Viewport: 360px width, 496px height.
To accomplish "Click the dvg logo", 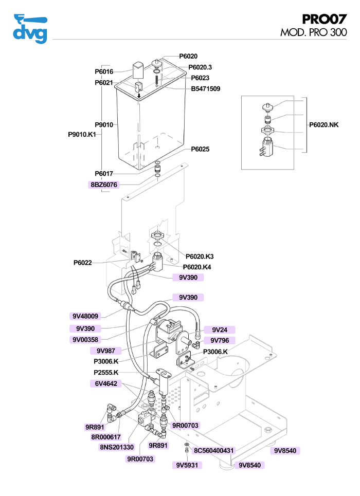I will pyautogui.click(x=30, y=29).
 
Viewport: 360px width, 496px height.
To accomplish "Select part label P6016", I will pyautogui.click(x=104, y=72).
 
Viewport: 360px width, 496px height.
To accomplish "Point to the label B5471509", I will pyautogui.click(x=206, y=89).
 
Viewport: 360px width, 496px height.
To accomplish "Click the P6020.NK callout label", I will pyautogui.click(x=324, y=125).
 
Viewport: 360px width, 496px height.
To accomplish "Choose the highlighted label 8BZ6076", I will pyautogui.click(x=104, y=185).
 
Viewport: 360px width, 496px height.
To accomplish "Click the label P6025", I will pyautogui.click(x=201, y=149).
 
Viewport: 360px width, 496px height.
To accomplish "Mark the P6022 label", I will pyautogui.click(x=82, y=263).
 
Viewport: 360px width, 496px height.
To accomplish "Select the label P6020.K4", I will pyautogui.click(x=197, y=267).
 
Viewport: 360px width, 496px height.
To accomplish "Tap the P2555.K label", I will pyautogui.click(x=106, y=373).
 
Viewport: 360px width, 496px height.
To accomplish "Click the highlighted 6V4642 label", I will pyautogui.click(x=106, y=383).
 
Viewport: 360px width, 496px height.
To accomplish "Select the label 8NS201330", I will pyautogui.click(x=117, y=447).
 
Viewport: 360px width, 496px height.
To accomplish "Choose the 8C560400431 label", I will pyautogui.click(x=214, y=451).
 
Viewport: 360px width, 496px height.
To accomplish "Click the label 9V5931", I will pyautogui.click(x=187, y=465).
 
